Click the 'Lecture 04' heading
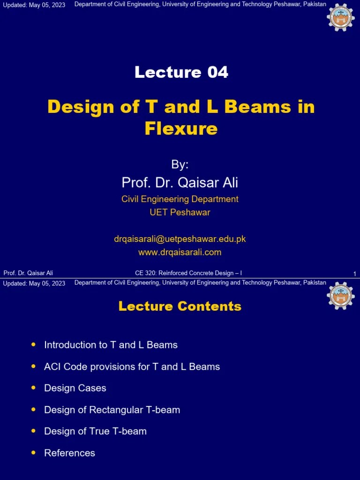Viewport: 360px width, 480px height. (181, 72)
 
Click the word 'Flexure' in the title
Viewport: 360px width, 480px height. (181, 128)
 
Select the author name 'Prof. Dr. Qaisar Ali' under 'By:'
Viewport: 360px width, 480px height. (180, 182)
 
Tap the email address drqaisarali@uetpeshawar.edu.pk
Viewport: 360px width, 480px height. (180, 239)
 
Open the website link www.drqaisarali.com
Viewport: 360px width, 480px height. (180, 252)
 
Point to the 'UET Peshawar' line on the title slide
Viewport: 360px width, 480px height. (180, 212)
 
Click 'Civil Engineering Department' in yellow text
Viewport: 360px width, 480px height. (180, 199)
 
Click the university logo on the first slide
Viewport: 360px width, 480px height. (341, 17)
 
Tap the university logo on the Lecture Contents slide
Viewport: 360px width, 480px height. (341, 295)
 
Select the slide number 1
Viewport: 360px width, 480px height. (354, 274)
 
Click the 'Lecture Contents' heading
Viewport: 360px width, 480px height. (180, 307)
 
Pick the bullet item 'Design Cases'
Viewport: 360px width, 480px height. (75, 388)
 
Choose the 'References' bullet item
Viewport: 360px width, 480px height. (69, 453)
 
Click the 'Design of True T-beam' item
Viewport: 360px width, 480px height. (95, 431)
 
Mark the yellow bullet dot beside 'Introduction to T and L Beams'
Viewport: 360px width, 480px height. (33, 345)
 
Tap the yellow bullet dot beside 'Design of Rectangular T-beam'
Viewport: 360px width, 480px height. (33, 409)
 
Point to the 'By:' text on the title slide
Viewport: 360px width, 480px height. (180, 165)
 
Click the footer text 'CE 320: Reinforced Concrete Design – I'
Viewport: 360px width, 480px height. (188, 273)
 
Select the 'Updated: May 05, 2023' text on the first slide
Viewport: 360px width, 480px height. (34, 5)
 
